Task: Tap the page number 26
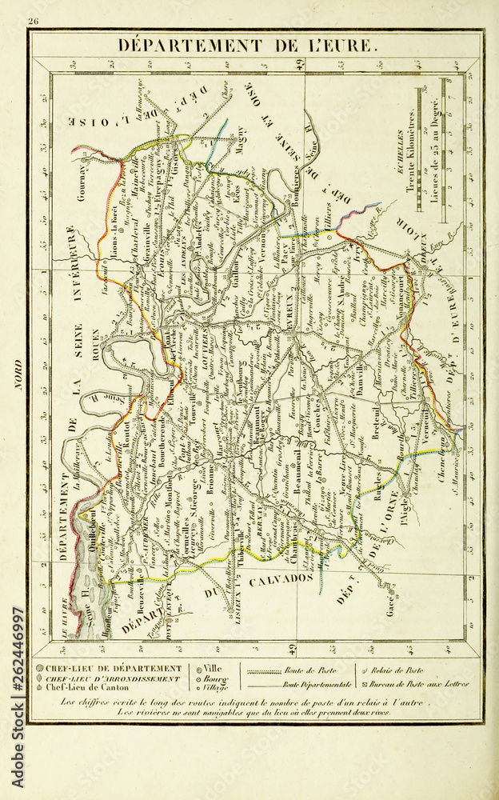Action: point(34,22)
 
